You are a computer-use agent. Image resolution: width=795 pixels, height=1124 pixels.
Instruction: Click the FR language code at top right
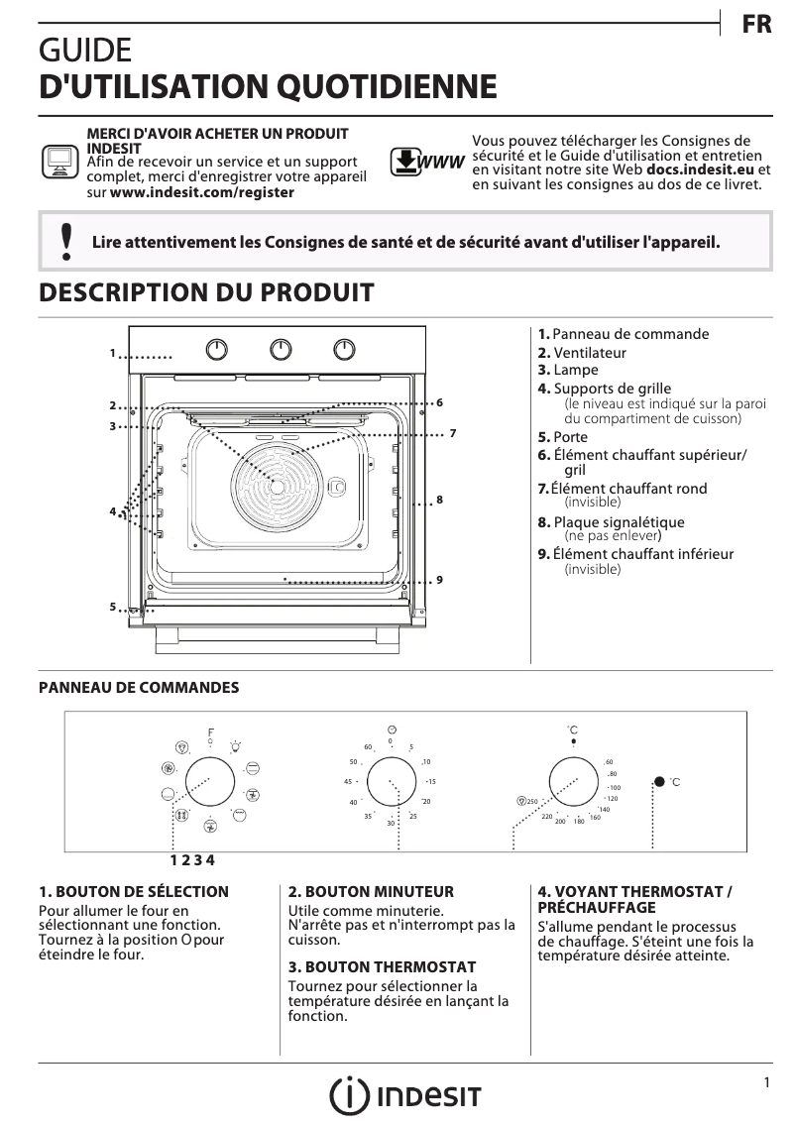756,26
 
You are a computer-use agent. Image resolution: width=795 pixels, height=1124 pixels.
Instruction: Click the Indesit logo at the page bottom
405,1095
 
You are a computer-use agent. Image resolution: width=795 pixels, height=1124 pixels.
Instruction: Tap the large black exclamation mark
65,242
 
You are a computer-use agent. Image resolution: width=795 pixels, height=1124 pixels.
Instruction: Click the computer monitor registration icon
58,162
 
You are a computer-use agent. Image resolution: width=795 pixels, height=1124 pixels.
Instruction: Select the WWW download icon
426,162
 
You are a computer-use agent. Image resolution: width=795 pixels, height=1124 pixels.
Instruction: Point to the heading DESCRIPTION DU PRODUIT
206,293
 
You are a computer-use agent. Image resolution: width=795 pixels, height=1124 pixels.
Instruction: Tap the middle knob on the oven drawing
282,349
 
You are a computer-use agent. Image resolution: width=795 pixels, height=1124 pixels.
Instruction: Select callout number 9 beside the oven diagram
439,580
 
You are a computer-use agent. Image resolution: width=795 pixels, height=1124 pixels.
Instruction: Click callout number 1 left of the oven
113,353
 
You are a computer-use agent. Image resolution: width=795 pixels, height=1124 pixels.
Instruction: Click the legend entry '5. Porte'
562,437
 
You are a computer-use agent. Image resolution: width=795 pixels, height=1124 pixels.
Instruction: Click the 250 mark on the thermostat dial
531,801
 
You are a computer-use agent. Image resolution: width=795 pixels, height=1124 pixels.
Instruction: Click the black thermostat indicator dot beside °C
659,782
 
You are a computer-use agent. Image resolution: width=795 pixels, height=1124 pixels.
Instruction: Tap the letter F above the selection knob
210,732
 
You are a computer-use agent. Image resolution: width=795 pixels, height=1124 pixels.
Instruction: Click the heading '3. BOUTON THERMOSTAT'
382,966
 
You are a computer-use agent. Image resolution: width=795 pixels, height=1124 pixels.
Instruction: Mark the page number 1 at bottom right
766,1083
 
